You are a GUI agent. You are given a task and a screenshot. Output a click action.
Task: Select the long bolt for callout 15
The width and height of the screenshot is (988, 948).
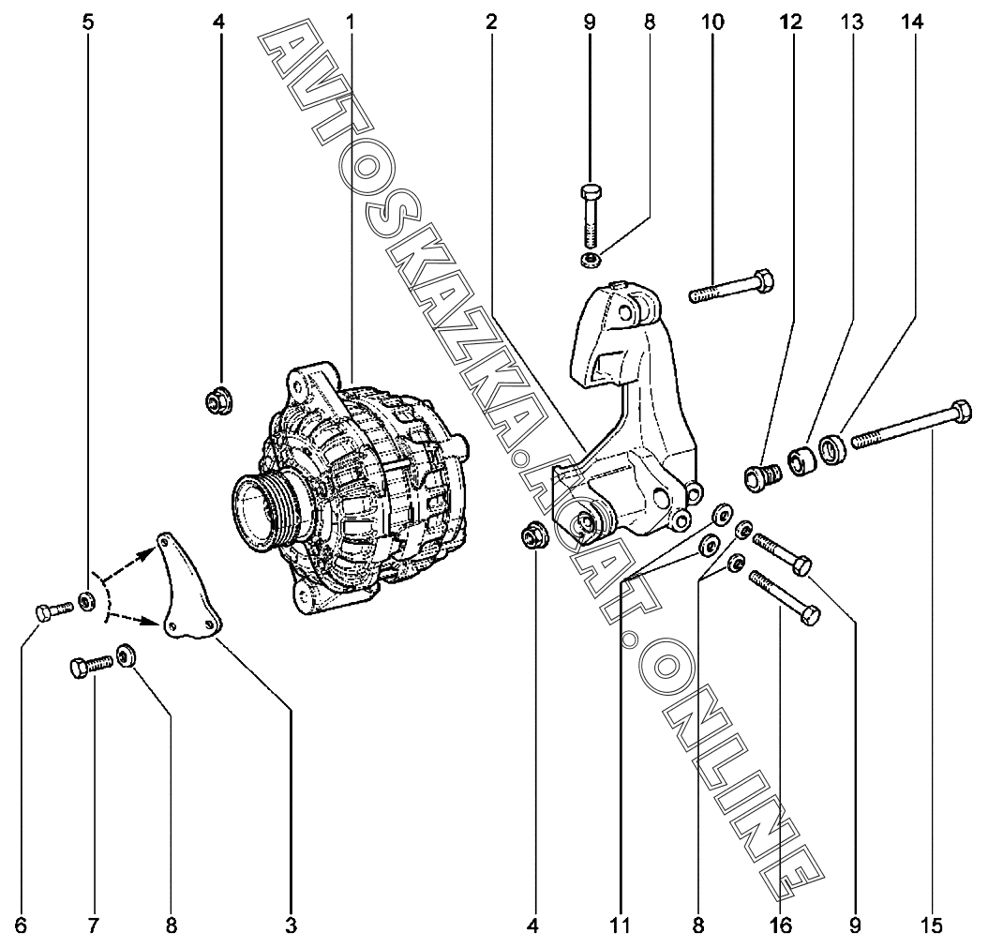click(911, 426)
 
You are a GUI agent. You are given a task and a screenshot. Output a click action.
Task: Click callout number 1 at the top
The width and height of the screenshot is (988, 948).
click(351, 23)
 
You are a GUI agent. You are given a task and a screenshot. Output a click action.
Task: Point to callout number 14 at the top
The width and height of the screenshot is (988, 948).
click(912, 23)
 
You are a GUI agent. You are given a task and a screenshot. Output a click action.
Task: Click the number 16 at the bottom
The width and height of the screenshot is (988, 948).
click(780, 925)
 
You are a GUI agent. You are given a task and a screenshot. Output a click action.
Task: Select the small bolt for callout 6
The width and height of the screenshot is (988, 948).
click(53, 610)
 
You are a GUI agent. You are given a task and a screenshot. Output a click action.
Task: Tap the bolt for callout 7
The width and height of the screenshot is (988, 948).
click(91, 666)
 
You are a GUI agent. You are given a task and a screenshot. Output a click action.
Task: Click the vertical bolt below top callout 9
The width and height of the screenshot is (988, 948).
click(590, 217)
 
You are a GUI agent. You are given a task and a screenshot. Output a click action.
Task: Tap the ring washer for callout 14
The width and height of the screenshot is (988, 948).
click(834, 447)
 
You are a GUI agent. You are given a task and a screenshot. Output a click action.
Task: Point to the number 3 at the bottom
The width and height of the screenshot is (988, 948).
click(291, 925)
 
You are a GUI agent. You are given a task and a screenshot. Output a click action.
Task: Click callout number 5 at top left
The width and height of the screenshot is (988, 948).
click(87, 23)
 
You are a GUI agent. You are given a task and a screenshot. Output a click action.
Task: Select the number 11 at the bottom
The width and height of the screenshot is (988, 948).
click(620, 925)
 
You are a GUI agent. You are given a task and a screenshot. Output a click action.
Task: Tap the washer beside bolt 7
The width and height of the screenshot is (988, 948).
click(127, 655)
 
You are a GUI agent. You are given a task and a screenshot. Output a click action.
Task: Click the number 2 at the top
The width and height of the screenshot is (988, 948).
click(491, 23)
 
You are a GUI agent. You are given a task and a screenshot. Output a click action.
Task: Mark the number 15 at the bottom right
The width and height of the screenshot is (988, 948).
click(932, 925)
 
